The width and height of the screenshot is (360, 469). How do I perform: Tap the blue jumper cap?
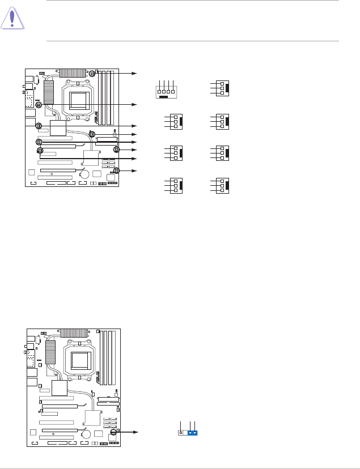tap(193, 433)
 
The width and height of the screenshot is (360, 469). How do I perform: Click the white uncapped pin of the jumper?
tap(181, 433)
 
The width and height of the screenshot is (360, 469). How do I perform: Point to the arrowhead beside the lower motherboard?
tap(135, 432)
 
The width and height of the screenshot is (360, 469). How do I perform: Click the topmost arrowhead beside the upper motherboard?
tap(135, 73)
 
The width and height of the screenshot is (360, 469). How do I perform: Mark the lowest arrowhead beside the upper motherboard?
tap(135, 170)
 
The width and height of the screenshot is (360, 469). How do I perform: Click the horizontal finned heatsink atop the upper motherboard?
tap(74, 73)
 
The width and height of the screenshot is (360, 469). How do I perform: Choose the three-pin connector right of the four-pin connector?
tap(221, 88)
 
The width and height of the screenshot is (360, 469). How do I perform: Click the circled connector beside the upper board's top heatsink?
tap(92, 73)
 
